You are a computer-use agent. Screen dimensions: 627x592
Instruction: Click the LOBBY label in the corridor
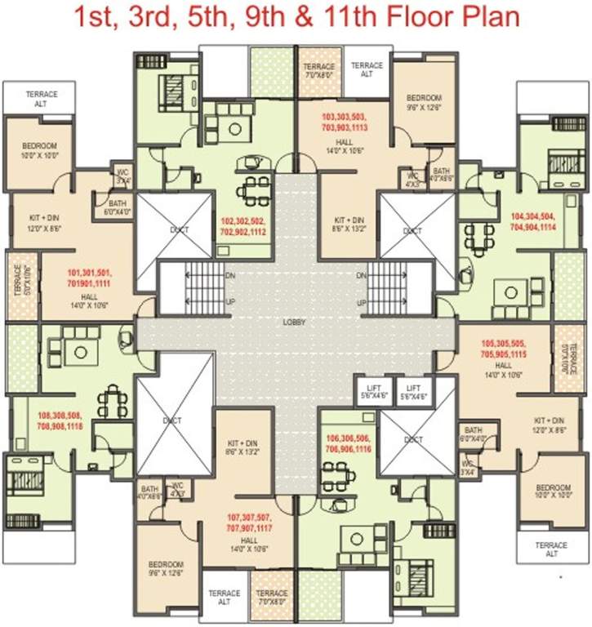pos(294,322)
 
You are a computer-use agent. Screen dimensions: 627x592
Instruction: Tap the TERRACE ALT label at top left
pos(36,98)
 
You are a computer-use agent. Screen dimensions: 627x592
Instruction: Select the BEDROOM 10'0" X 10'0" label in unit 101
pos(38,150)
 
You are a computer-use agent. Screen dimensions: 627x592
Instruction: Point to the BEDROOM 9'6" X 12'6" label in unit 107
pos(166,568)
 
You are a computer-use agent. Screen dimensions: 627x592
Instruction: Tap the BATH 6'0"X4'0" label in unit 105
pos(473,434)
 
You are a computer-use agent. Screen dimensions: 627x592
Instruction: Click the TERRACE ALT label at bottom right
pos(551,549)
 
